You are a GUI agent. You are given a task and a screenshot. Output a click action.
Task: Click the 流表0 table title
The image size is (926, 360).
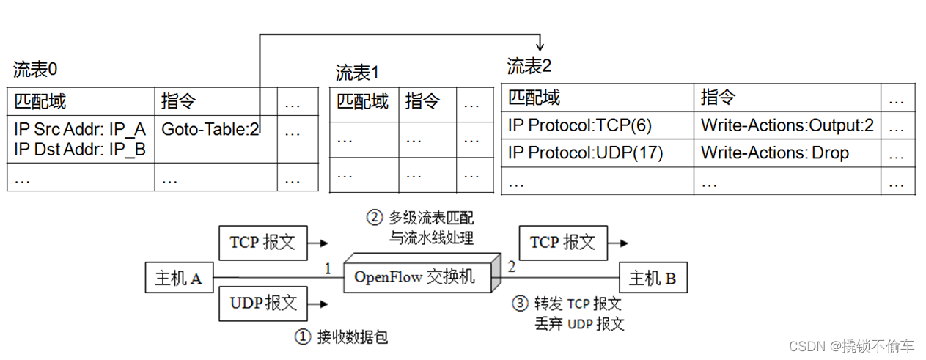(35, 70)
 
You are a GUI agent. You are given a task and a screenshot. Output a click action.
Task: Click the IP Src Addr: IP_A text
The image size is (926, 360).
(80, 130)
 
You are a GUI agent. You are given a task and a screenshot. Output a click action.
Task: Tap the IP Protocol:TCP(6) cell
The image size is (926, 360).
(579, 125)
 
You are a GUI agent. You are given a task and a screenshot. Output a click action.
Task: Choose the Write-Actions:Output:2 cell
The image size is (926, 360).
(787, 125)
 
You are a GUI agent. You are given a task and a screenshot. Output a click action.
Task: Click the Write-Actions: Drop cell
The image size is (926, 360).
(774, 153)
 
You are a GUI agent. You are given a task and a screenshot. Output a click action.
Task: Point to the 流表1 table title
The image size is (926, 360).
(357, 73)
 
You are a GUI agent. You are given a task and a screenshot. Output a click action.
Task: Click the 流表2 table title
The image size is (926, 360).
(529, 67)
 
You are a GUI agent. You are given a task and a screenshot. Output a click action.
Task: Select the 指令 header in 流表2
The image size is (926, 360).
(718, 98)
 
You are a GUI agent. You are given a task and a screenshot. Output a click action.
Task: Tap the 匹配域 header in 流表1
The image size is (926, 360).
(362, 101)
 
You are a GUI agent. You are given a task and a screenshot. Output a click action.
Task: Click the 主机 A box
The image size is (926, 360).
(178, 278)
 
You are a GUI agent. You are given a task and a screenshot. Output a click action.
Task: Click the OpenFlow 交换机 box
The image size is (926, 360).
(414, 276)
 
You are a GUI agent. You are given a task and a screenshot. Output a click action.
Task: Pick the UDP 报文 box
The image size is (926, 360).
(262, 303)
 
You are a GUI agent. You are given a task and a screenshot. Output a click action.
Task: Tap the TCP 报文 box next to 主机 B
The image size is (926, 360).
(562, 243)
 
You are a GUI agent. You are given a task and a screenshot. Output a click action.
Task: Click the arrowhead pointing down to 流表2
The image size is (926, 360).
(541, 46)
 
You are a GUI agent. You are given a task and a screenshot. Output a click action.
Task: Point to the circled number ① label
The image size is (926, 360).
(303, 337)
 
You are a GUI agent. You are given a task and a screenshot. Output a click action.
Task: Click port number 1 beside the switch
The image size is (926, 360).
(328, 268)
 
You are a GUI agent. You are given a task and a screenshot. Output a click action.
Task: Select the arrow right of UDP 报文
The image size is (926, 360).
(320, 302)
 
